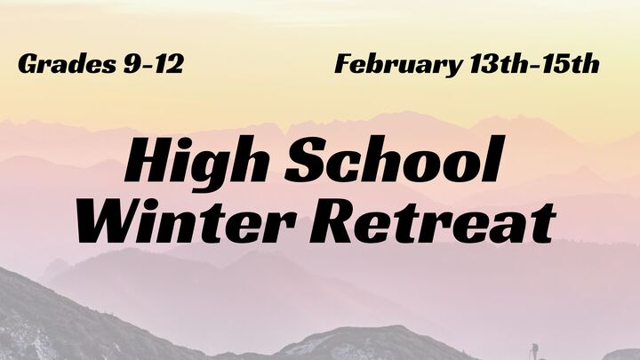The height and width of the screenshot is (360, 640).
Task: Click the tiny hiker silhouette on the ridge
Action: pyautogui.click(x=533, y=349)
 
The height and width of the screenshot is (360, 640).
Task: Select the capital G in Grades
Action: pyautogui.click(x=28, y=65)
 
